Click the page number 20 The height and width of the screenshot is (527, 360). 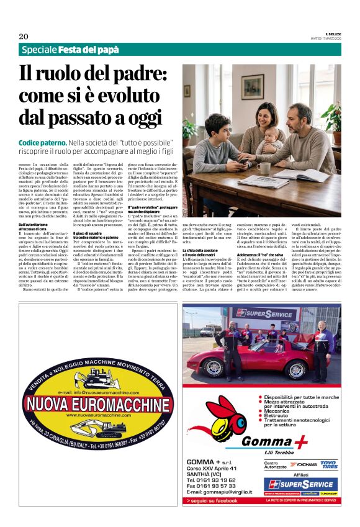(24, 36)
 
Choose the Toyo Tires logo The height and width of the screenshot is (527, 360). (328, 463)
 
